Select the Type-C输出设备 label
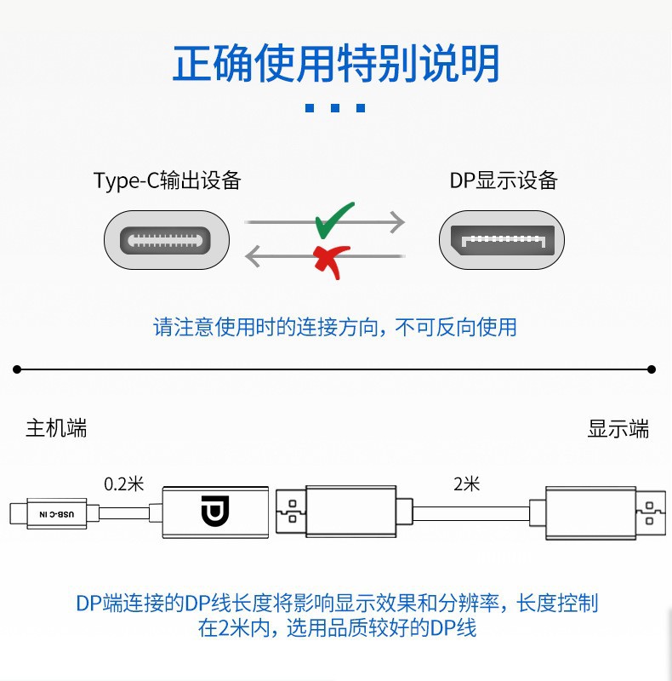click(x=168, y=180)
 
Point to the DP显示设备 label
click(x=504, y=180)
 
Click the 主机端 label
click(x=56, y=428)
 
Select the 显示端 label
click(x=618, y=428)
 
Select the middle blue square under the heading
click(x=335, y=108)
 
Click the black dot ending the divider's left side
click(x=17, y=369)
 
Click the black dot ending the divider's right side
click(x=652, y=369)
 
